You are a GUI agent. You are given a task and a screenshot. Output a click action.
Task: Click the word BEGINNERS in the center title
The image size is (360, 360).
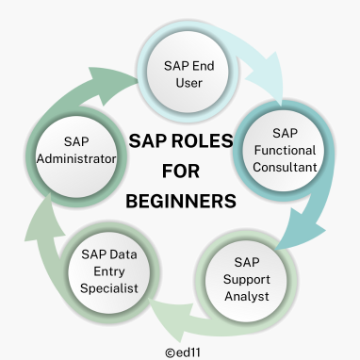click(x=181, y=202)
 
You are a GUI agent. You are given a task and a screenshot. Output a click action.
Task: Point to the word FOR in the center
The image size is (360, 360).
click(x=181, y=172)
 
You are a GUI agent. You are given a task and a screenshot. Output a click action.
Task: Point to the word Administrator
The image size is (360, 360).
click(x=74, y=159)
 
